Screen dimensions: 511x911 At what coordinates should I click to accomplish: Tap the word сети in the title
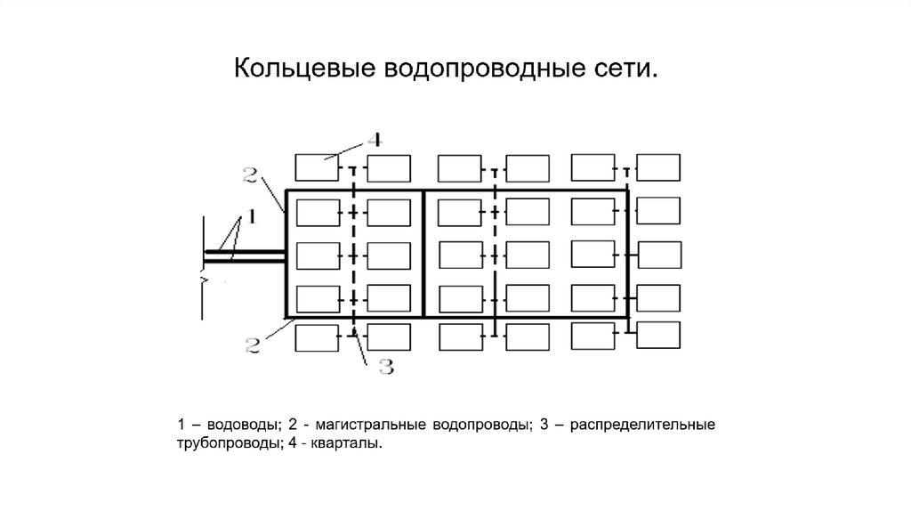[626, 69]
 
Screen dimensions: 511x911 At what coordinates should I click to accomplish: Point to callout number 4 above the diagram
[375, 140]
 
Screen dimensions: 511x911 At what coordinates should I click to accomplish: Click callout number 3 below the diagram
[385, 367]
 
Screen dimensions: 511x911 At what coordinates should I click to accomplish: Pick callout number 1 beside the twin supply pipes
[251, 215]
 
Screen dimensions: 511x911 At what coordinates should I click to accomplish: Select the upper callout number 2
[250, 174]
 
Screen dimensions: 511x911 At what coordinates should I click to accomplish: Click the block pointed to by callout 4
[318, 168]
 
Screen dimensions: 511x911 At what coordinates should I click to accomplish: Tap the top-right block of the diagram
[658, 167]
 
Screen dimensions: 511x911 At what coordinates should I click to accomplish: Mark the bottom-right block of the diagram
[658, 334]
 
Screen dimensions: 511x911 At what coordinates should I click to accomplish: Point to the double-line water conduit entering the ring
[246, 256]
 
